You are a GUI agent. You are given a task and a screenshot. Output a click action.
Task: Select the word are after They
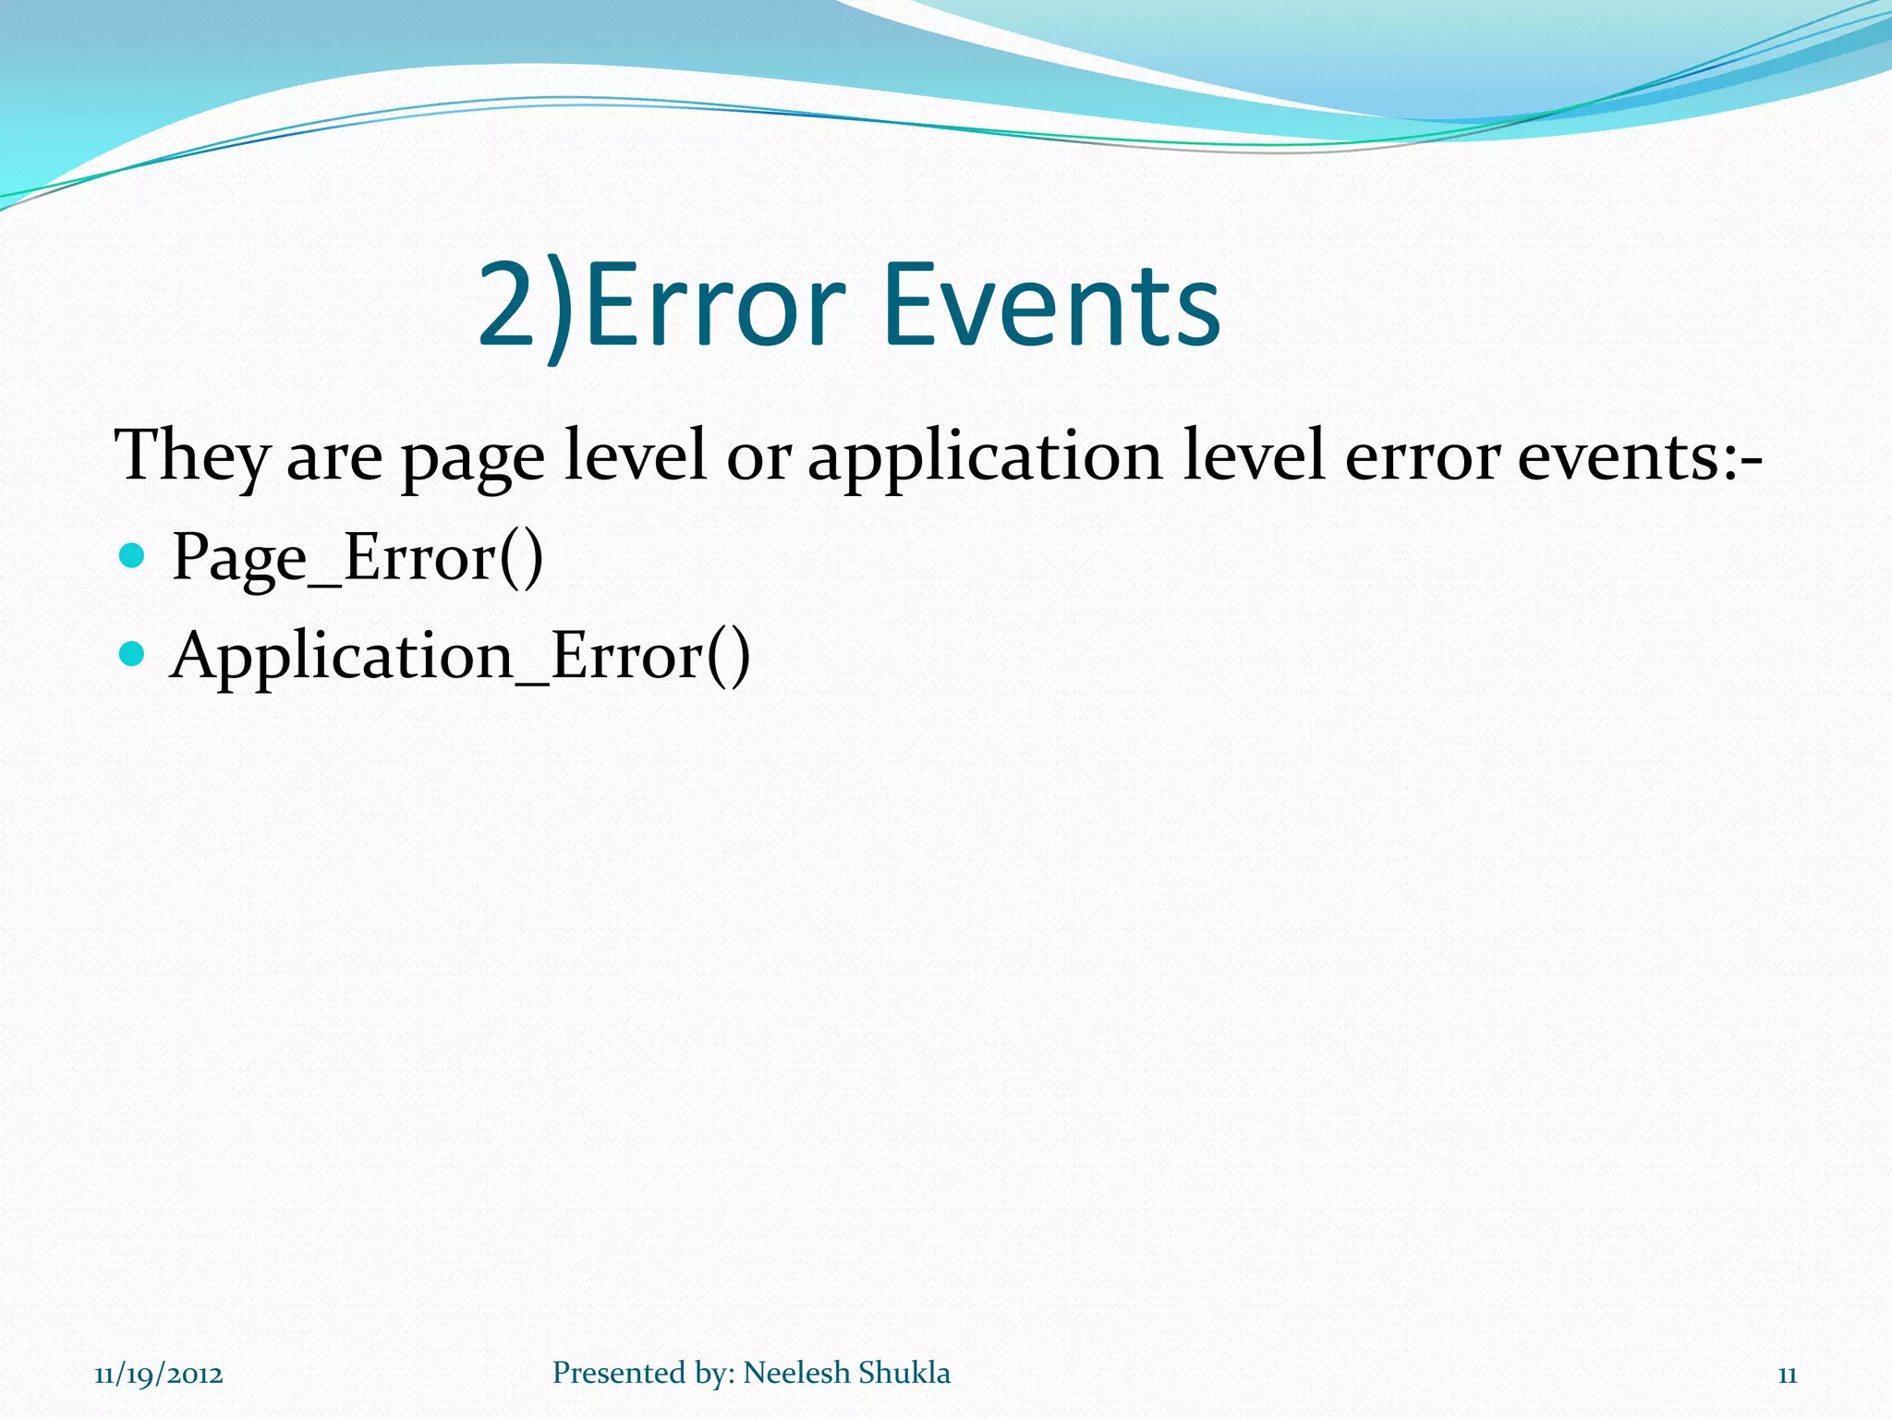click(x=334, y=459)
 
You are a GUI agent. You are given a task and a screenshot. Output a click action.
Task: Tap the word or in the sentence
click(x=758, y=459)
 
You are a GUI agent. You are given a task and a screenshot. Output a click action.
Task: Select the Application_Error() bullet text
click(x=460, y=657)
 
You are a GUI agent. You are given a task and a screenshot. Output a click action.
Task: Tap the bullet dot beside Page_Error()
click(x=133, y=555)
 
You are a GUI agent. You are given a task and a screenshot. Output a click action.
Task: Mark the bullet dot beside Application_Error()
click(x=133, y=654)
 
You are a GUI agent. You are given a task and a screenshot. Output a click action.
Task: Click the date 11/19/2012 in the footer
click(x=159, y=1375)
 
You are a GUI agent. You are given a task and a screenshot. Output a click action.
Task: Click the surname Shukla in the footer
click(x=904, y=1373)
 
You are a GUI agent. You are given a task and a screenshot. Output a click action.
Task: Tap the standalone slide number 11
click(x=1787, y=1375)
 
